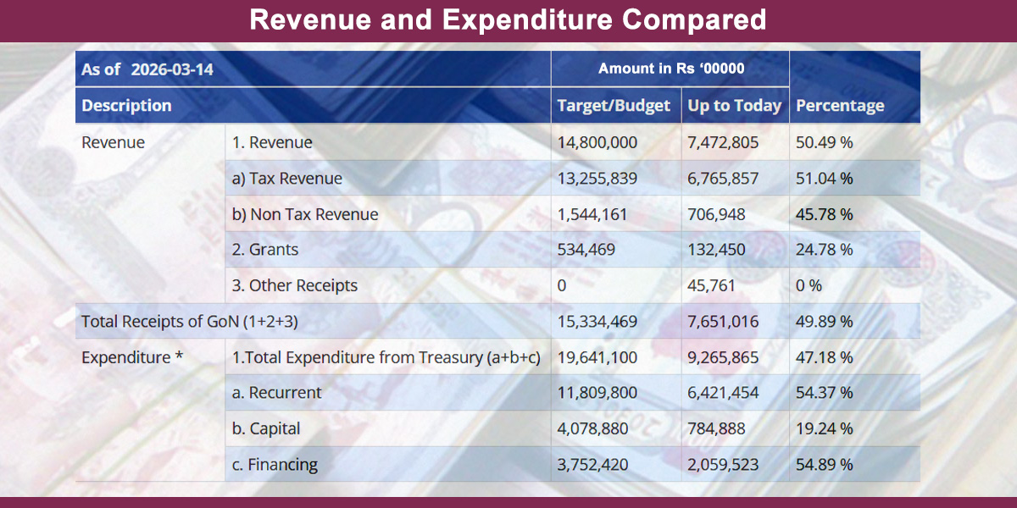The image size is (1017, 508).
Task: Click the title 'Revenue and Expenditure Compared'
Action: coord(508,19)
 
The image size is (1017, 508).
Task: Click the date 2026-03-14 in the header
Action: coord(172,69)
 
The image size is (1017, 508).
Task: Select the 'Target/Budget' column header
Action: coord(614,106)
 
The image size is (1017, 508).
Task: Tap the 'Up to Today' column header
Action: coord(734,106)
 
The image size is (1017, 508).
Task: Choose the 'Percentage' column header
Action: coord(840,106)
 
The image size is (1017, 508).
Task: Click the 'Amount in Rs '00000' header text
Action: coord(671,69)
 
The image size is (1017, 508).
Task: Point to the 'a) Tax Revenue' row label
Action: coord(287,179)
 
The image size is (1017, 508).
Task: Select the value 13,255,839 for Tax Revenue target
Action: coord(597,179)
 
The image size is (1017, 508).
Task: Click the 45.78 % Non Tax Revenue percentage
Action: coord(824,215)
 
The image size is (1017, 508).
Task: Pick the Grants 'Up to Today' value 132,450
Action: coord(716,251)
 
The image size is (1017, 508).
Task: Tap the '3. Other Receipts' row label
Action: coord(295,286)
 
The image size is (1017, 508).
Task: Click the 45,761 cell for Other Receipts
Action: coord(712,286)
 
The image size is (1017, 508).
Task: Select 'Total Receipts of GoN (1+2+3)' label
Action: coord(189,322)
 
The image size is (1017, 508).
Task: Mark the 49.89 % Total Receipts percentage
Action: coord(824,322)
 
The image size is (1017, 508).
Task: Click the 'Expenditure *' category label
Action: coord(132,357)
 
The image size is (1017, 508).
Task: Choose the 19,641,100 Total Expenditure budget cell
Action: coord(597,357)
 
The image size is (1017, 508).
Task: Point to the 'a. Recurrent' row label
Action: coord(277,393)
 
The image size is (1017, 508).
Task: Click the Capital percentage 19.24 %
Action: coord(824,428)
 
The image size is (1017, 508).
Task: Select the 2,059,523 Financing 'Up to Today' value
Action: coord(723,465)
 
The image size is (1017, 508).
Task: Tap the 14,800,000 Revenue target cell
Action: coord(597,143)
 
